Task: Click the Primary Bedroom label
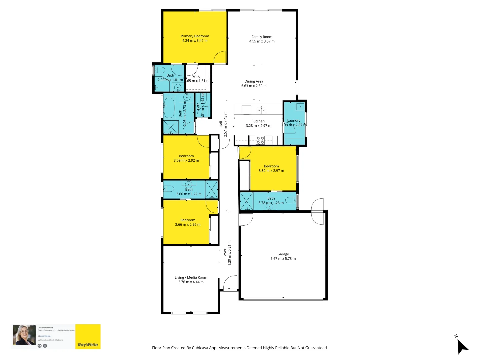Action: (195, 36)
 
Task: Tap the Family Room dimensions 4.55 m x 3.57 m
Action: (262, 41)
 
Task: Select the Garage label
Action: (283, 254)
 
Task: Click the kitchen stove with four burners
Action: (260, 140)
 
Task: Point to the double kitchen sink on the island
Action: (261, 110)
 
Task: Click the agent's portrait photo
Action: (24, 335)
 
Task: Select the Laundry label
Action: (294, 120)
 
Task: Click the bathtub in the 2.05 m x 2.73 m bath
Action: (169, 108)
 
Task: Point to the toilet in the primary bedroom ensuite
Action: (160, 70)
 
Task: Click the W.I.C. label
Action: (197, 76)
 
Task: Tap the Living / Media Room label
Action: (191, 277)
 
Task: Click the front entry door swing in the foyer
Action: (231, 282)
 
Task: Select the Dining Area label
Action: (254, 81)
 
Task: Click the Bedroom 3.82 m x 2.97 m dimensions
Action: (271, 171)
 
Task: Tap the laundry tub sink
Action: (300, 106)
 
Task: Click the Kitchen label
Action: (258, 121)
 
